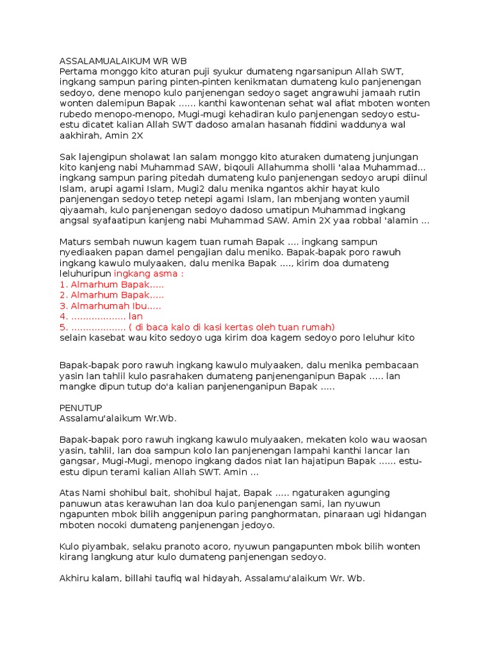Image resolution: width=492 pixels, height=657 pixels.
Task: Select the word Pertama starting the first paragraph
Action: pos(78,71)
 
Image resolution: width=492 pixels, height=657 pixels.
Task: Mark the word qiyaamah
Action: pos(82,209)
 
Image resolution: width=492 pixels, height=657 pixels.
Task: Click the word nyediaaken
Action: pos(85,252)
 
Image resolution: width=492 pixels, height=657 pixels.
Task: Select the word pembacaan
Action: pos(393,365)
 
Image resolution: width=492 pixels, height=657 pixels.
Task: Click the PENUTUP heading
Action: pos(81,407)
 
